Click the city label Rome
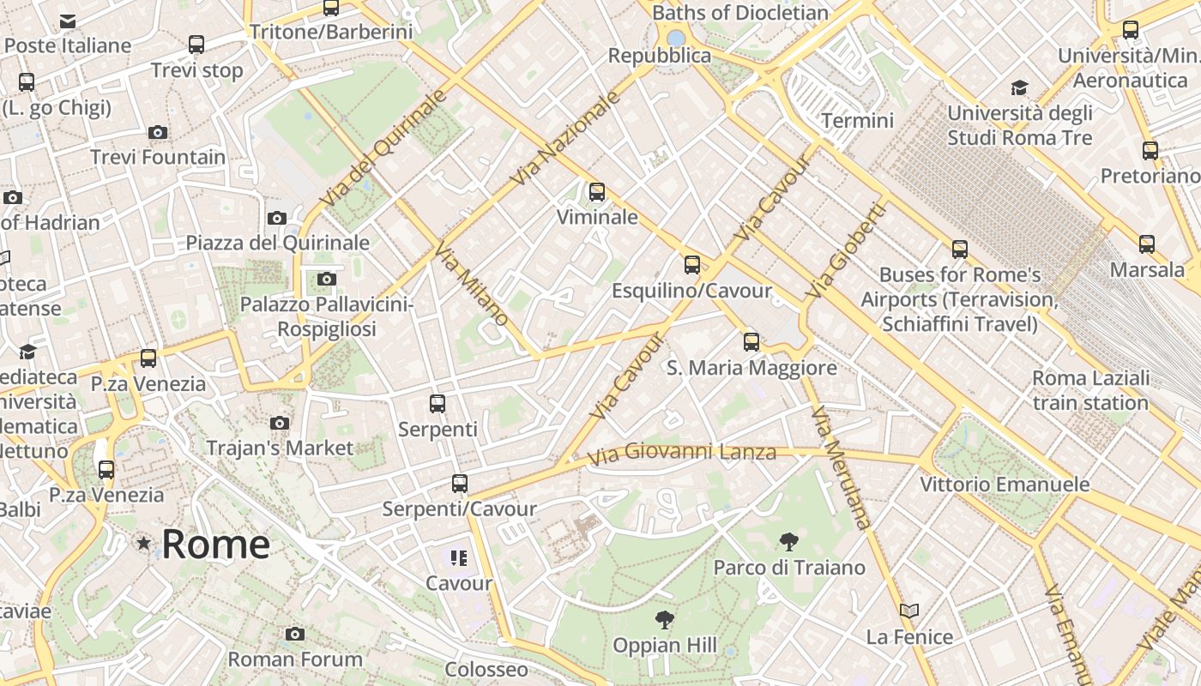tap(215, 545)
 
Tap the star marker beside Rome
tap(143, 543)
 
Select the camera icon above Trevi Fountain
tap(157, 132)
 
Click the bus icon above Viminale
tap(597, 192)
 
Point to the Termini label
tap(857, 121)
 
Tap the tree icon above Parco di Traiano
tap(788, 542)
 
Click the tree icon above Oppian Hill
tap(664, 620)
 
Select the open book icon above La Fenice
tap(909, 611)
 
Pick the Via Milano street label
tap(471, 284)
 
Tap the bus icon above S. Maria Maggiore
tap(751, 342)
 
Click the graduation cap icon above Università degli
tap(1019, 87)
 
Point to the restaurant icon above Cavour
tap(459, 558)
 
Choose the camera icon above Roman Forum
tap(295, 634)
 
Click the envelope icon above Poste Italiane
tap(68, 21)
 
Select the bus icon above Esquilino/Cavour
tap(692, 265)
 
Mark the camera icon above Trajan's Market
tap(280, 423)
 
